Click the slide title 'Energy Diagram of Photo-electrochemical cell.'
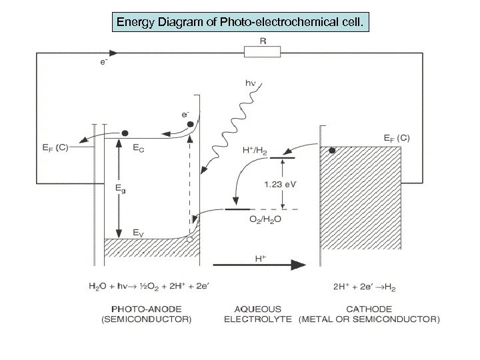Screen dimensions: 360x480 pos(240,24)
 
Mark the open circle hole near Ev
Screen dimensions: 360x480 pos(191,238)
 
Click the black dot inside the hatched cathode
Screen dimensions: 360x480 pos(331,151)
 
